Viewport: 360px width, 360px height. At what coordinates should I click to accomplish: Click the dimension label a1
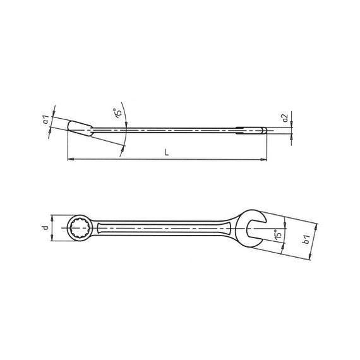coord(46,119)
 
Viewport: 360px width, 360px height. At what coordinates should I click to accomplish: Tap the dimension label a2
coord(285,117)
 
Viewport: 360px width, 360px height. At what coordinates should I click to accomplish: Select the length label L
coord(167,152)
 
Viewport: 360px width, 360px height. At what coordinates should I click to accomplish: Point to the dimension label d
coord(46,227)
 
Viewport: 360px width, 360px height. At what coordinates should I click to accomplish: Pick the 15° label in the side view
coord(117,112)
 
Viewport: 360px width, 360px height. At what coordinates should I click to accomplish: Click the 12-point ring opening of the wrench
coord(80,228)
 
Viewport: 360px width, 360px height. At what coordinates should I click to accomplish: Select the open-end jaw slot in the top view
coord(256,229)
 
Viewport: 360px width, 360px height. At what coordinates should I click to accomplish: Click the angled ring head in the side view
coord(80,129)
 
